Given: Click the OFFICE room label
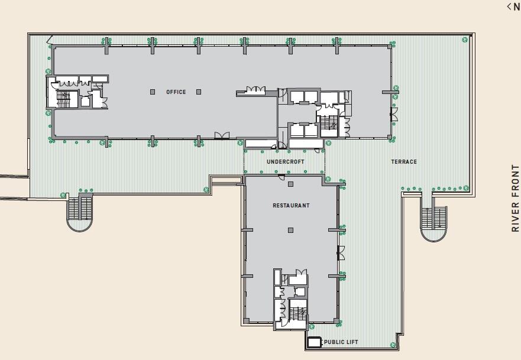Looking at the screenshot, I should pyautogui.click(x=176, y=92).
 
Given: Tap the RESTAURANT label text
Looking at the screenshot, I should pyautogui.click(x=291, y=206).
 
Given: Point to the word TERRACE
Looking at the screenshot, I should pyautogui.click(x=404, y=161).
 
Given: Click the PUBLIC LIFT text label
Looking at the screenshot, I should pyautogui.click(x=341, y=342).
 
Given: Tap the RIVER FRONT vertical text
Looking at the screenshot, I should pyautogui.click(x=514, y=197).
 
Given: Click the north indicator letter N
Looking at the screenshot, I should pyautogui.click(x=516, y=7).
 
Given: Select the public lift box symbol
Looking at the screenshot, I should pyautogui.click(x=313, y=342).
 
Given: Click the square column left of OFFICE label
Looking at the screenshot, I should pyautogui.click(x=153, y=92).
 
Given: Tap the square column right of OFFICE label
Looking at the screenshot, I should pyautogui.click(x=199, y=92).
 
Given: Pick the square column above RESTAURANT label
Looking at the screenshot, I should pyautogui.click(x=290, y=184).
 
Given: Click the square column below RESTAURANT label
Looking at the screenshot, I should pyautogui.click(x=290, y=230).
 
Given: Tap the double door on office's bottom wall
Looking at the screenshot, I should pyautogui.click(x=222, y=135).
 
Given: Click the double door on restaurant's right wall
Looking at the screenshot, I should pyautogui.click(x=340, y=252).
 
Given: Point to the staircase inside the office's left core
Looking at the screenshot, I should pyautogui.click(x=62, y=99).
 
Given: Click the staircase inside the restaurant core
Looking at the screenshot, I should pyautogui.click(x=297, y=312).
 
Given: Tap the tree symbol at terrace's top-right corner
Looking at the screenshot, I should pyautogui.click(x=465, y=39).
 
